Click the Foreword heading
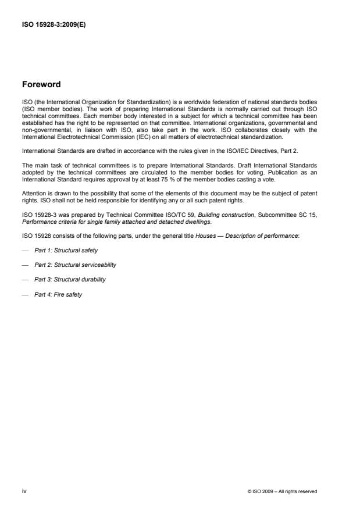click(41, 84)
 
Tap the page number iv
click(24, 491)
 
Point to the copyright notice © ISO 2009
click(282, 491)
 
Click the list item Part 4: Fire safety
click(58, 294)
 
